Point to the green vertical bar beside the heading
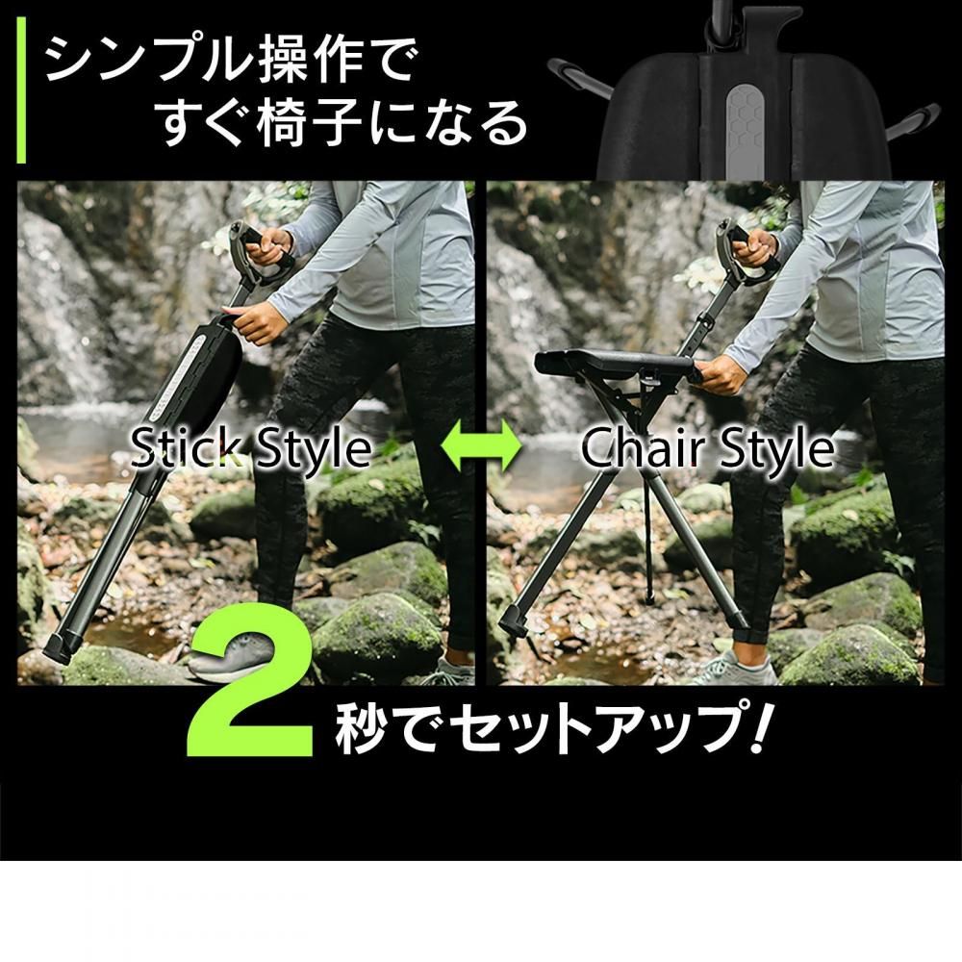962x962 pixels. click(x=21, y=90)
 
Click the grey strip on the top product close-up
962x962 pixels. click(x=745, y=131)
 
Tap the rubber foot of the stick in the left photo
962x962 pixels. click(x=60, y=646)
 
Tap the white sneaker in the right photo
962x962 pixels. click(x=733, y=669)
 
